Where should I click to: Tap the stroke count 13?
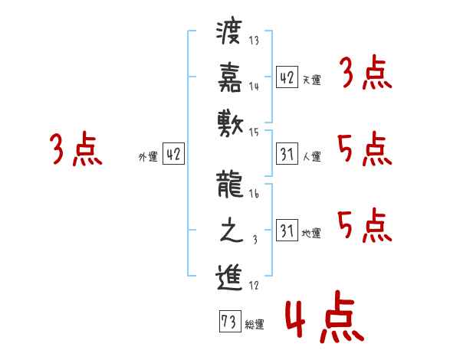click(255, 41)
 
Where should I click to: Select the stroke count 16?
click(255, 195)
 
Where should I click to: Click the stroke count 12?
click(255, 285)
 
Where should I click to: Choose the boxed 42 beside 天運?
click(287, 77)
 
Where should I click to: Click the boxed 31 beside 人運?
click(287, 154)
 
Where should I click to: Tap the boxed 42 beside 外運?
click(173, 154)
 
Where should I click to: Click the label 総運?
click(255, 325)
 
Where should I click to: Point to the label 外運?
click(147, 157)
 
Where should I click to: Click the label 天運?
click(311, 80)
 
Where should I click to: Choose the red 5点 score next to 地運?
click(365, 225)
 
